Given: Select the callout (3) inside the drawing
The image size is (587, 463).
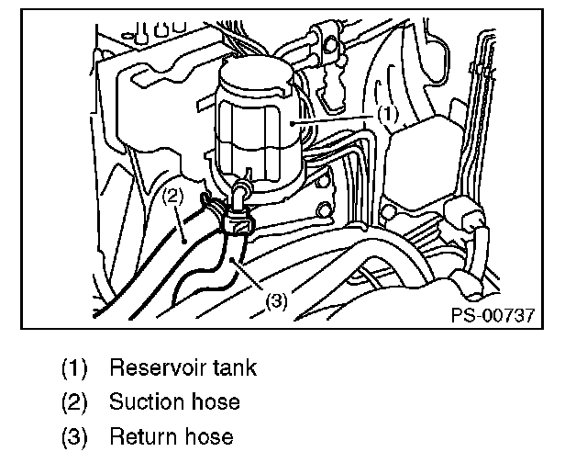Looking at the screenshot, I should tap(278, 299).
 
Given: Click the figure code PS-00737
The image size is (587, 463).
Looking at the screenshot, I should tap(492, 315).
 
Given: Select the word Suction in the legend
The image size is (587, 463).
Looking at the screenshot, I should tap(145, 401).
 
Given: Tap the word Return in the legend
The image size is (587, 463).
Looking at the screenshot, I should tap(140, 435).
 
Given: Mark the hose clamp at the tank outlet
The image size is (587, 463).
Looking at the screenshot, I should tap(235, 219).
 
